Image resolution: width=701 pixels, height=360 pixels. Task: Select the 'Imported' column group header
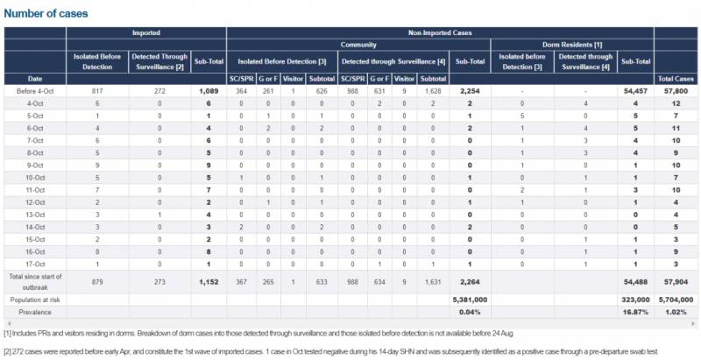(145, 32)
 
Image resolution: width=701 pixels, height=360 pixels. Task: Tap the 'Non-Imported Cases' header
(440, 32)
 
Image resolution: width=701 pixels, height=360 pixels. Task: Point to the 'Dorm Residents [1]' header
(572, 44)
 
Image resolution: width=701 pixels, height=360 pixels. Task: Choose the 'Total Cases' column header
(676, 79)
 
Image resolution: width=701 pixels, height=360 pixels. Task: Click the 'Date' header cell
(35, 79)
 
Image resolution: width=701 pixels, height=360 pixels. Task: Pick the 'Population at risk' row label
(35, 298)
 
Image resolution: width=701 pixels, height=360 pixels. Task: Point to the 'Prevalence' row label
(35, 311)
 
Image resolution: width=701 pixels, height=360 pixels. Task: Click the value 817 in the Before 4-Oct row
(96, 90)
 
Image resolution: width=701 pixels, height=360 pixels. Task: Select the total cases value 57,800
(676, 90)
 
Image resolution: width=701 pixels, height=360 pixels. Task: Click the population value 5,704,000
(676, 298)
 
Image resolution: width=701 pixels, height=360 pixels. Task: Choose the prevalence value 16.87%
(633, 311)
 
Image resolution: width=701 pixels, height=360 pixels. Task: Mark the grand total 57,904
(676, 281)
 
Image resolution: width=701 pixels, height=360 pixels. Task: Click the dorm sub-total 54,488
(633, 281)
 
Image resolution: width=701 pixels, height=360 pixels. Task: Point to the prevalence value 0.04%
(470, 311)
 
